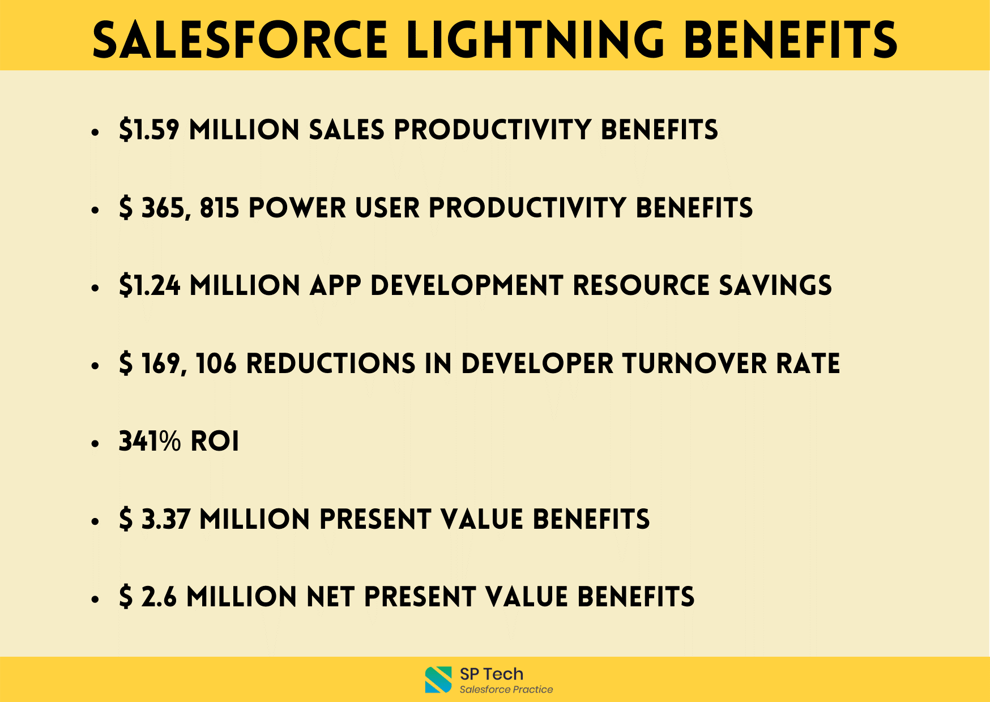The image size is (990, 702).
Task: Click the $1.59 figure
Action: click(150, 130)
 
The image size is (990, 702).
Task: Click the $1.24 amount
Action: click(150, 285)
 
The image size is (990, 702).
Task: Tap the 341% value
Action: click(150, 441)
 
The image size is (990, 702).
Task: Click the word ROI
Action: click(215, 441)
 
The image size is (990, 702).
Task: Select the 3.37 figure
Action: click(165, 519)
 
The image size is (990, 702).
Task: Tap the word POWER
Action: click(297, 208)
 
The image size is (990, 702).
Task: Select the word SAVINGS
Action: click(775, 285)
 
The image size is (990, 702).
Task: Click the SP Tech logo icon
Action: click(438, 679)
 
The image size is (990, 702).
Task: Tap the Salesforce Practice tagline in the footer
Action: click(506, 690)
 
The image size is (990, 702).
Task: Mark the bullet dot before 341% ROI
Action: click(95, 443)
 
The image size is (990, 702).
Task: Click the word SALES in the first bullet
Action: click(347, 130)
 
